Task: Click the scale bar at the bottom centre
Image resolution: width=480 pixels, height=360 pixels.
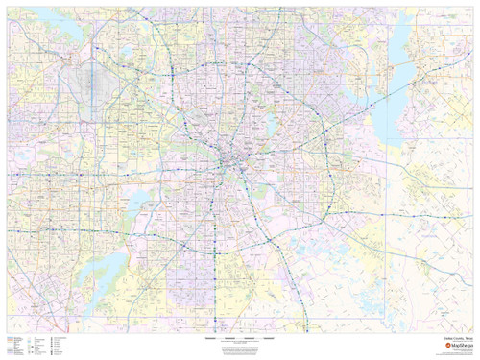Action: coord(240,339)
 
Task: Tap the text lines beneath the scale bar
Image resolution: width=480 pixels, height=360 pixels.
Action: coord(240,348)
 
